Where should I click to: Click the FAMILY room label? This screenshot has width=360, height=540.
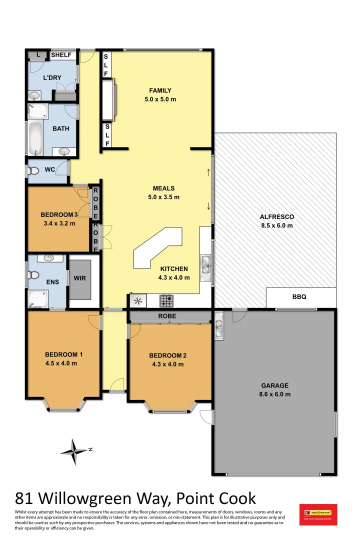click(160, 90)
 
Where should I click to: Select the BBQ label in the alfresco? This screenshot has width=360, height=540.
click(299, 297)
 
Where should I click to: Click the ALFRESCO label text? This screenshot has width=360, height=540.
click(276, 217)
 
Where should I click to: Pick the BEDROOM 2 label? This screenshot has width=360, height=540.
click(167, 355)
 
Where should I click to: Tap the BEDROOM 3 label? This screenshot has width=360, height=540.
click(59, 215)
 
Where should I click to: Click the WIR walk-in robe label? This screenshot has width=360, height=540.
click(80, 278)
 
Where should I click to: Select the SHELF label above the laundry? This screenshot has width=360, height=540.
click(61, 55)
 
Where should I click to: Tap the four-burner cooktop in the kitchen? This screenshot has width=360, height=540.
click(166, 300)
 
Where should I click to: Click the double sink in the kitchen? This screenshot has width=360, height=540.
click(205, 265)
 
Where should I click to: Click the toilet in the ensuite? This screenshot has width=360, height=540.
click(33, 275)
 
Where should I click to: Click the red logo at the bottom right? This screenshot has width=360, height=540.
click(318, 514)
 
